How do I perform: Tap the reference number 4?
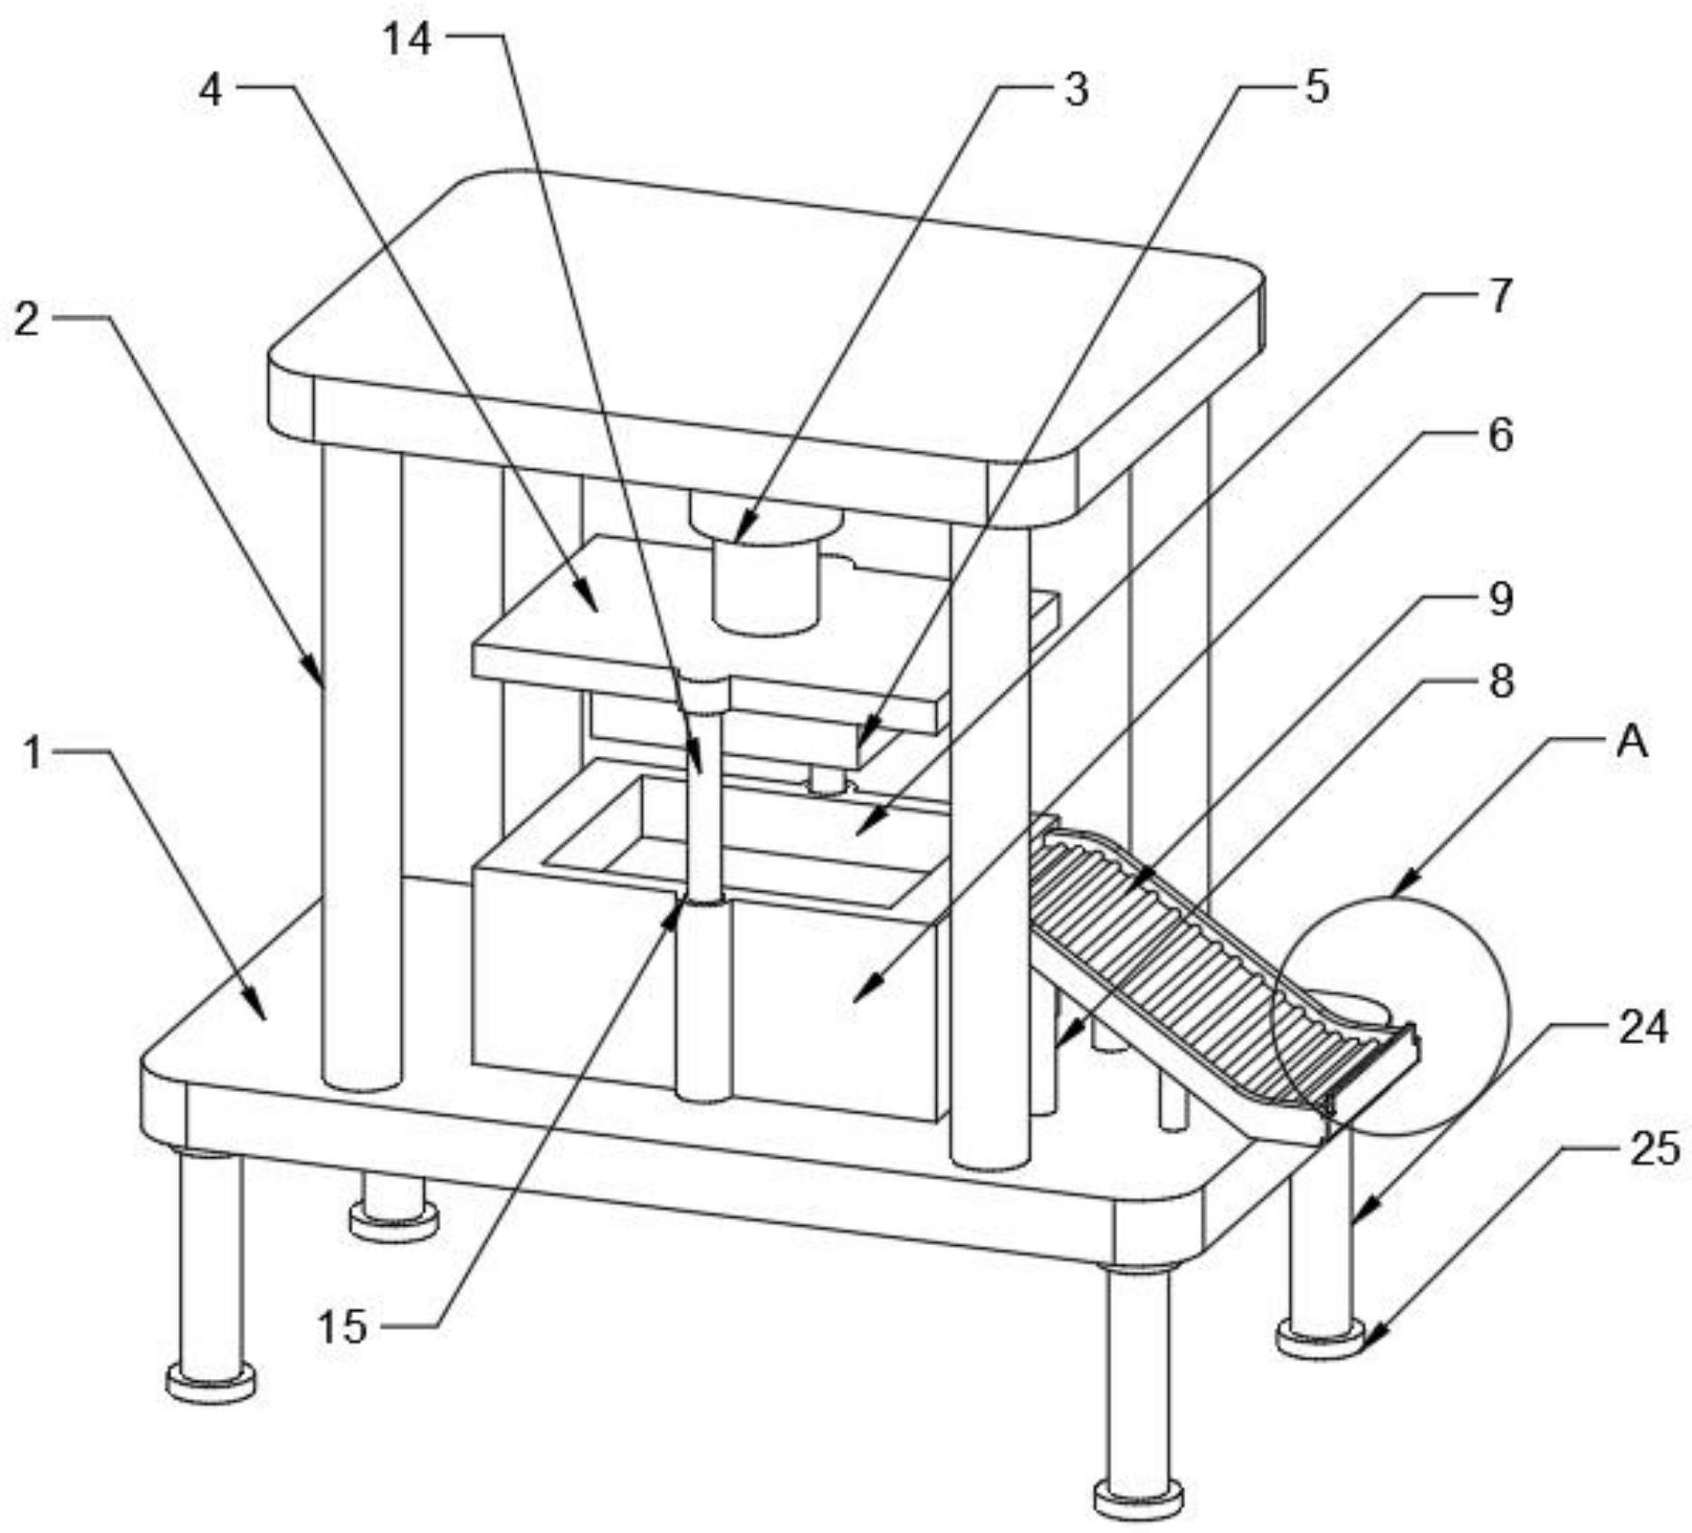210,91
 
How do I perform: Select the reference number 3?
1075,91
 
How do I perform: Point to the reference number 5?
1316,87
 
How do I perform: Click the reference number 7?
1500,296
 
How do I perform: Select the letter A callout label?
1631,743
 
